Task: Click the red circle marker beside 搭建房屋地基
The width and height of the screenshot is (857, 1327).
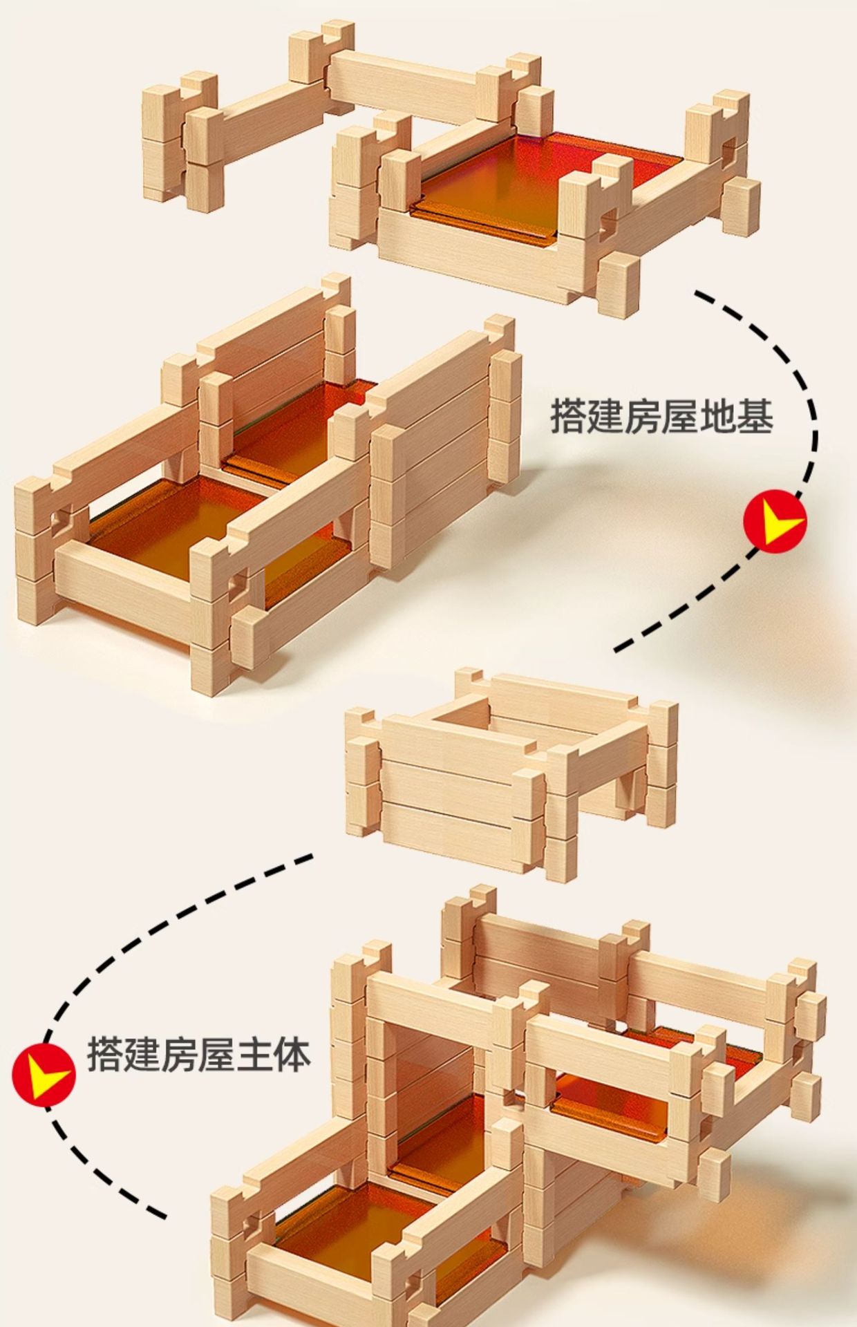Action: (x=775, y=520)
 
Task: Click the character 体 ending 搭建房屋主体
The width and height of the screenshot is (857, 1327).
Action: (x=291, y=1055)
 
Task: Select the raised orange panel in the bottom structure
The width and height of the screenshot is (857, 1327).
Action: (x=608, y=1099)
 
